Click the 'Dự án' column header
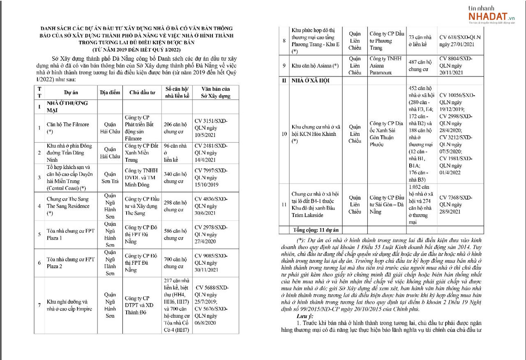(71, 92)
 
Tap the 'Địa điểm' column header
(110, 92)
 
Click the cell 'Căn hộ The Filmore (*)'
(68, 128)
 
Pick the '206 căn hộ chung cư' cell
(175, 128)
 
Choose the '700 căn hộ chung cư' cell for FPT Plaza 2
(175, 263)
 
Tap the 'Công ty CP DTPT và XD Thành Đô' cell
(139, 305)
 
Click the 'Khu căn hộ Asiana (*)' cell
(315, 66)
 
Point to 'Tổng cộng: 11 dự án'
(316, 230)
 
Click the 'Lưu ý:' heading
(305, 316)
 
